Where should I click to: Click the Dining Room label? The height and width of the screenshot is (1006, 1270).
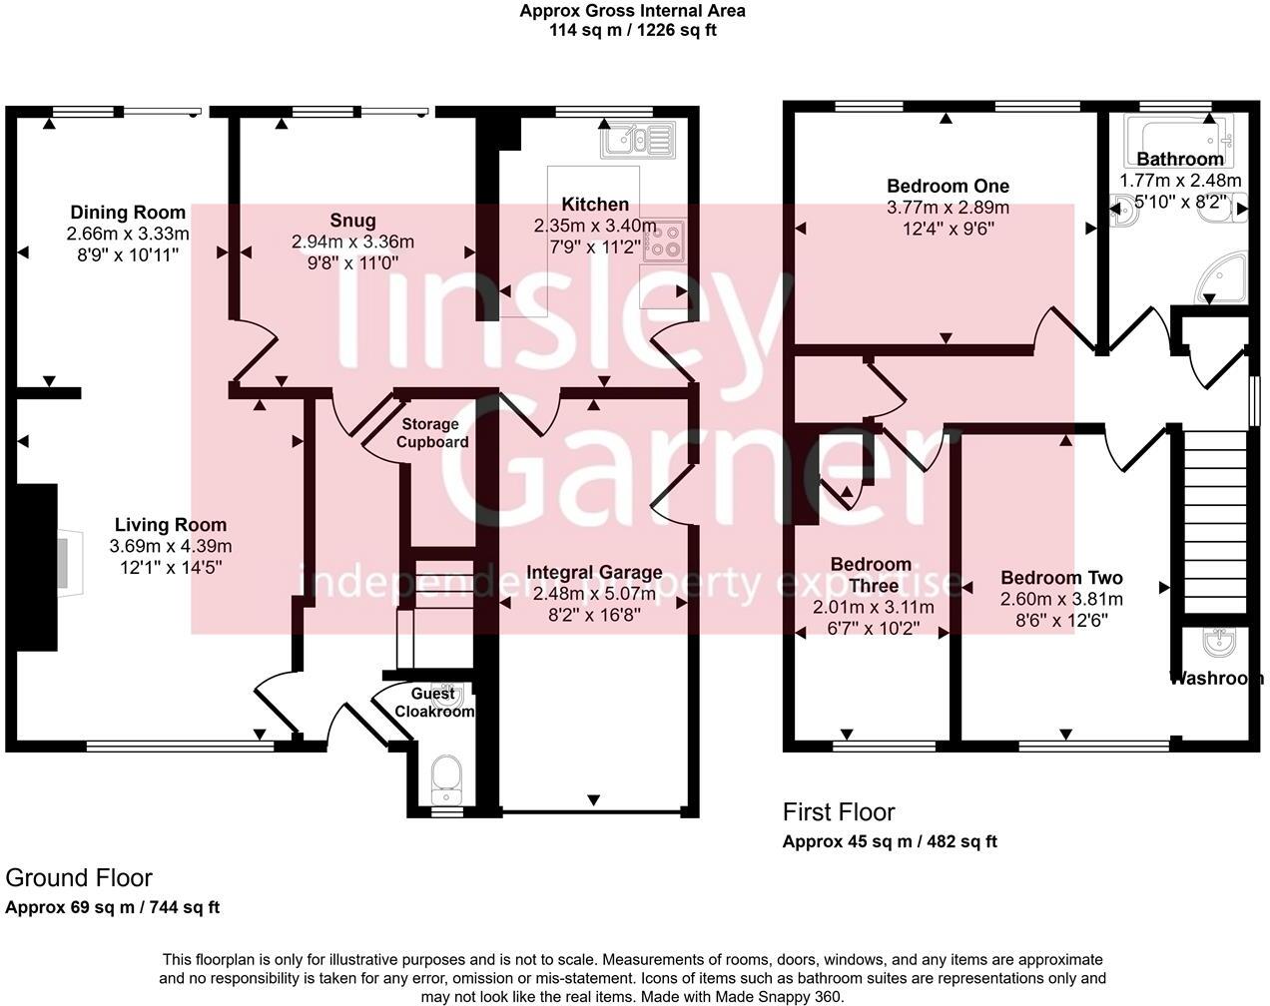[x=127, y=212]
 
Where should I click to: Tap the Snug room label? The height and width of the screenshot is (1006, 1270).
[x=352, y=221]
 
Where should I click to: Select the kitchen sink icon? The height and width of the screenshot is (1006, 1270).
[x=638, y=141]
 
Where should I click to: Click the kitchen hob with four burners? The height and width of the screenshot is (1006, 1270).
[x=664, y=240]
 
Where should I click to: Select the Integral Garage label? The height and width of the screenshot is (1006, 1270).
[x=594, y=572]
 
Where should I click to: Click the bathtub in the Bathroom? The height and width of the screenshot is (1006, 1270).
[x=1179, y=139]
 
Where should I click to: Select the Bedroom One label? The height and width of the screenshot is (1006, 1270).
[x=948, y=186]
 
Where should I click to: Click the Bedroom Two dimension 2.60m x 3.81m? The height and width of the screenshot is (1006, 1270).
[x=1061, y=599]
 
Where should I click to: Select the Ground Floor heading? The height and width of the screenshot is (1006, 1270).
[x=79, y=877]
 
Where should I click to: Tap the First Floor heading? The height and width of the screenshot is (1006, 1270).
[x=839, y=811]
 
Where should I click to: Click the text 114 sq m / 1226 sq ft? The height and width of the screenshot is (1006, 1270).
[x=632, y=30]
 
